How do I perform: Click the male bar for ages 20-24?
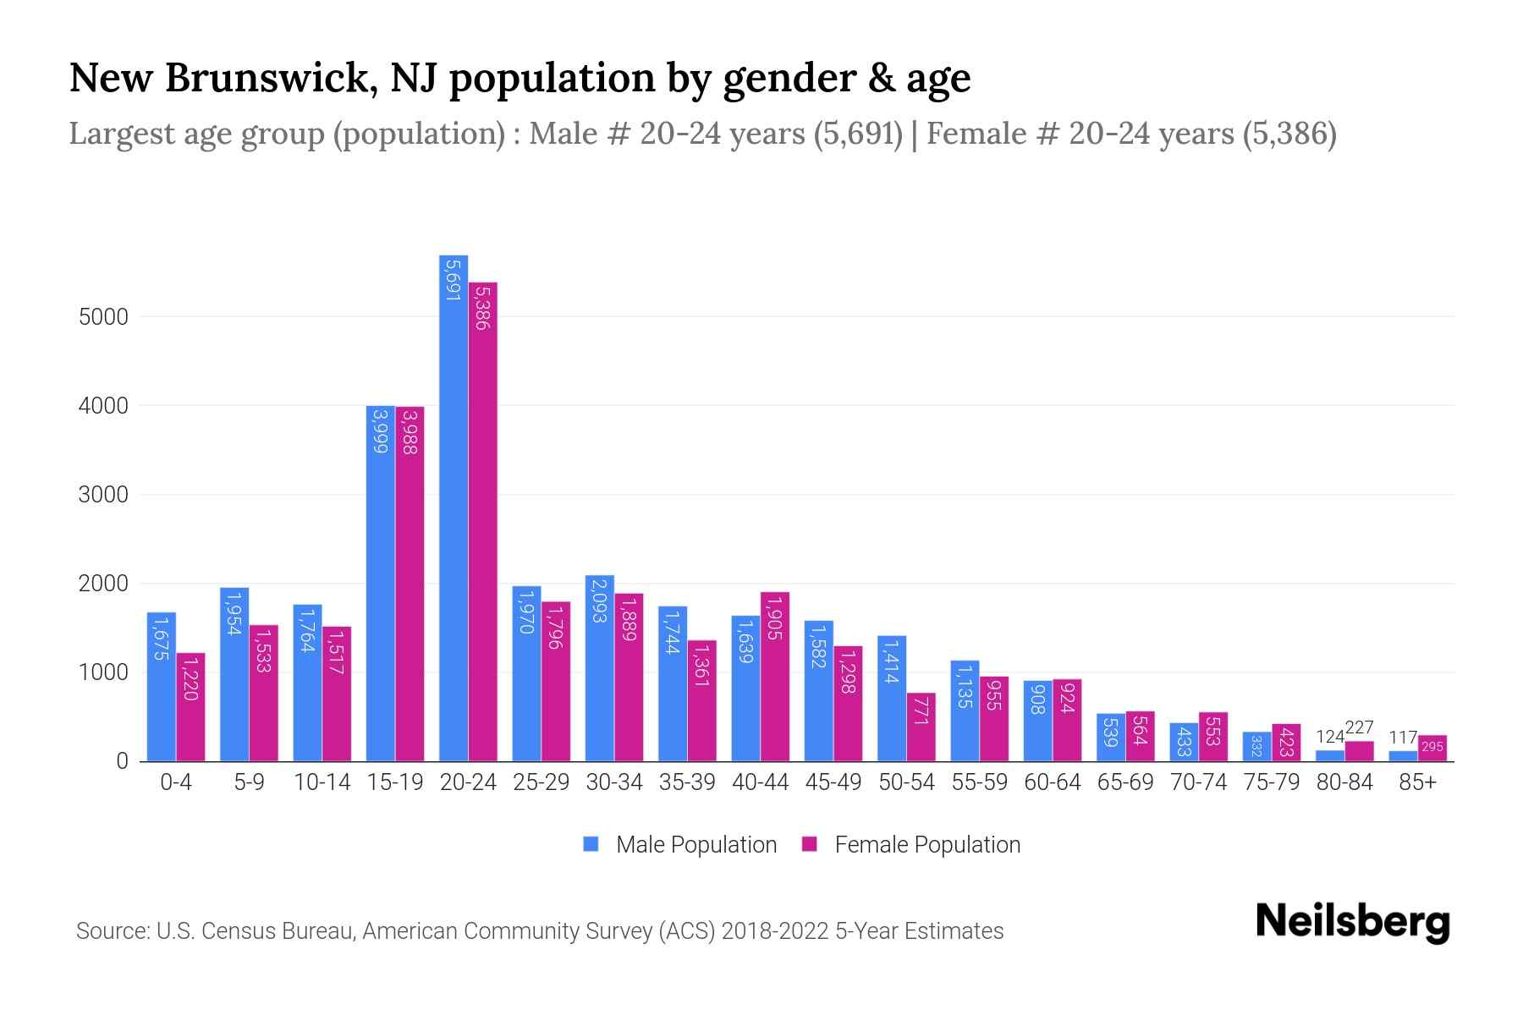coord(454,507)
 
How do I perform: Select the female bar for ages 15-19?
coord(410,584)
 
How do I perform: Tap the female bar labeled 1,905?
coord(774,677)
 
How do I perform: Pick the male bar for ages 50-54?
coord(891,698)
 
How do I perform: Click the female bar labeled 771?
coord(921,727)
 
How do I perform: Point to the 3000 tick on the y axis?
coord(103,495)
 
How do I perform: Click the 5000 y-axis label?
coord(103,317)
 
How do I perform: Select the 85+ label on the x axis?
coord(1417,782)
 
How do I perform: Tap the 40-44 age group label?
coord(760,782)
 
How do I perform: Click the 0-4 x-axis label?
coord(176,782)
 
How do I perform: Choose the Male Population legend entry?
coord(680,845)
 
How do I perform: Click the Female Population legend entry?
coord(911,845)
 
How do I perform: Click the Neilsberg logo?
coord(1352,922)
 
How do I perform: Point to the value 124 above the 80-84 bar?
coord(1329,738)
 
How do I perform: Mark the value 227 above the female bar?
coord(1359,728)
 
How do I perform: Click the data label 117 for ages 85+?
coord(1402,738)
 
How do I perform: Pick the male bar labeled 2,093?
coord(599,668)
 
